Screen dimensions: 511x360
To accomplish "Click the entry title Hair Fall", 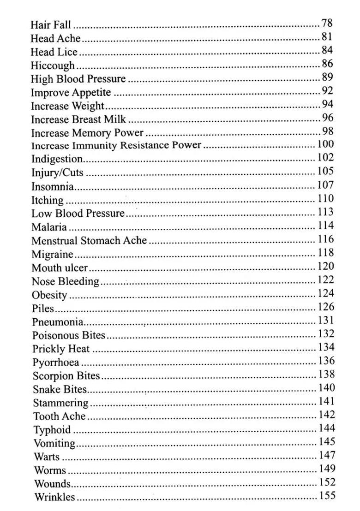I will click(x=51, y=24).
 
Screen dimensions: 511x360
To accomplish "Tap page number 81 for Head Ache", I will click(x=327, y=36).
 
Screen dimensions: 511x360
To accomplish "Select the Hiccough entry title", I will click(x=53, y=65).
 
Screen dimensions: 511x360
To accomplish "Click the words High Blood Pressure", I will click(x=78, y=79).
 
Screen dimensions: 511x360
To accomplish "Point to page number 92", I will click(x=327, y=90).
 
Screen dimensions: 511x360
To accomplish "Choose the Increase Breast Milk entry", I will click(x=78, y=119).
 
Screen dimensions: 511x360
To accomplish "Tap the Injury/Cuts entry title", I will click(x=57, y=173).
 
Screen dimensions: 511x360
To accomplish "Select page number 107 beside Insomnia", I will click(x=325, y=184).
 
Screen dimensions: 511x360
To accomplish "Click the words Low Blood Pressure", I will click(x=78, y=214).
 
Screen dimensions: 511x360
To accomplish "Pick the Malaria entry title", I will click(x=49, y=227).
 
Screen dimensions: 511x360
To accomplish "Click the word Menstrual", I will click(x=54, y=240).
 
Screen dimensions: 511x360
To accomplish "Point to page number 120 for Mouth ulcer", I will click(x=325, y=266).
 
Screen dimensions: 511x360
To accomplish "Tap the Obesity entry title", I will click(x=49, y=295).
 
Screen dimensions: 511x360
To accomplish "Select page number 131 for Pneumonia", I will click(x=326, y=320).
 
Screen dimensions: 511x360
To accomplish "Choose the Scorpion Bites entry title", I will click(x=66, y=376).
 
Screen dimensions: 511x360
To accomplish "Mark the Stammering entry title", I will click(x=60, y=403).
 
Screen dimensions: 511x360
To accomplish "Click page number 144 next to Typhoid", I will click(x=326, y=428).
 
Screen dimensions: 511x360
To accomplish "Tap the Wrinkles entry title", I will click(x=54, y=497).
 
